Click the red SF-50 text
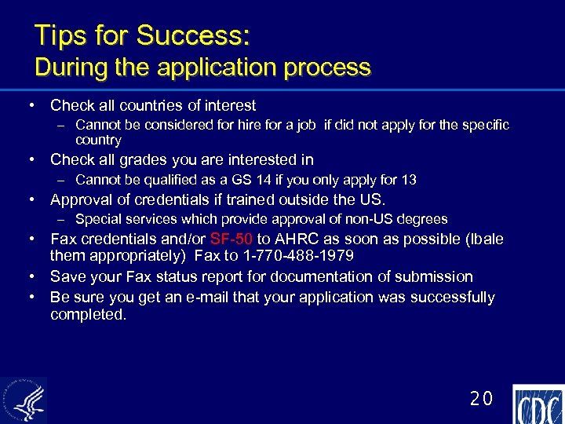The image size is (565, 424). [231, 239]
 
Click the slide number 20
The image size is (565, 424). [481, 399]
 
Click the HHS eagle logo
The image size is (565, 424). [24, 400]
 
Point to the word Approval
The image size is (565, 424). [82, 199]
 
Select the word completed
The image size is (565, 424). [88, 314]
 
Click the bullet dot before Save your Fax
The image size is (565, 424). [34, 276]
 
